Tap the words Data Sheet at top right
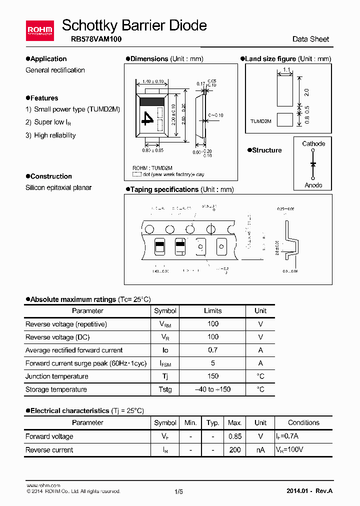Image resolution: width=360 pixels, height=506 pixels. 310,39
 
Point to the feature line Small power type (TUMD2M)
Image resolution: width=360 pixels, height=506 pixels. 77,109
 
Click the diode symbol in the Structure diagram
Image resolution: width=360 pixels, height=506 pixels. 313,164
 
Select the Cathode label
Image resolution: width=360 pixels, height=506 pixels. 313,143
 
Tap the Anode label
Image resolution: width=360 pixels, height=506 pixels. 313,185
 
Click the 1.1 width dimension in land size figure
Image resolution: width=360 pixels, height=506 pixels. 286,69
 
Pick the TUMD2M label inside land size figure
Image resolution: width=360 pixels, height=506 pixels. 261,121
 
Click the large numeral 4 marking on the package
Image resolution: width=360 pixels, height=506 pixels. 148,118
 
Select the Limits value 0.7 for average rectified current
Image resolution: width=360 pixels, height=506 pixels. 213,350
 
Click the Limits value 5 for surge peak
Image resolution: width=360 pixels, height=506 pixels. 213,363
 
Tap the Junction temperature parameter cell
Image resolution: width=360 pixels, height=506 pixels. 57,376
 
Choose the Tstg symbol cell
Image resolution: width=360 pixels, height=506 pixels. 165,389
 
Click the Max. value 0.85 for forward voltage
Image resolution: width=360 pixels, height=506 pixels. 235,436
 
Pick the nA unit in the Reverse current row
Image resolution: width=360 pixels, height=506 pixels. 260,450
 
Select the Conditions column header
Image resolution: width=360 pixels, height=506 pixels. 303,422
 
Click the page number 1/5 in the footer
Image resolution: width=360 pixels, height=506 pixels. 179,491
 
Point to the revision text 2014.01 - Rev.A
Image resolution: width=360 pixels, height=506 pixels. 309,491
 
